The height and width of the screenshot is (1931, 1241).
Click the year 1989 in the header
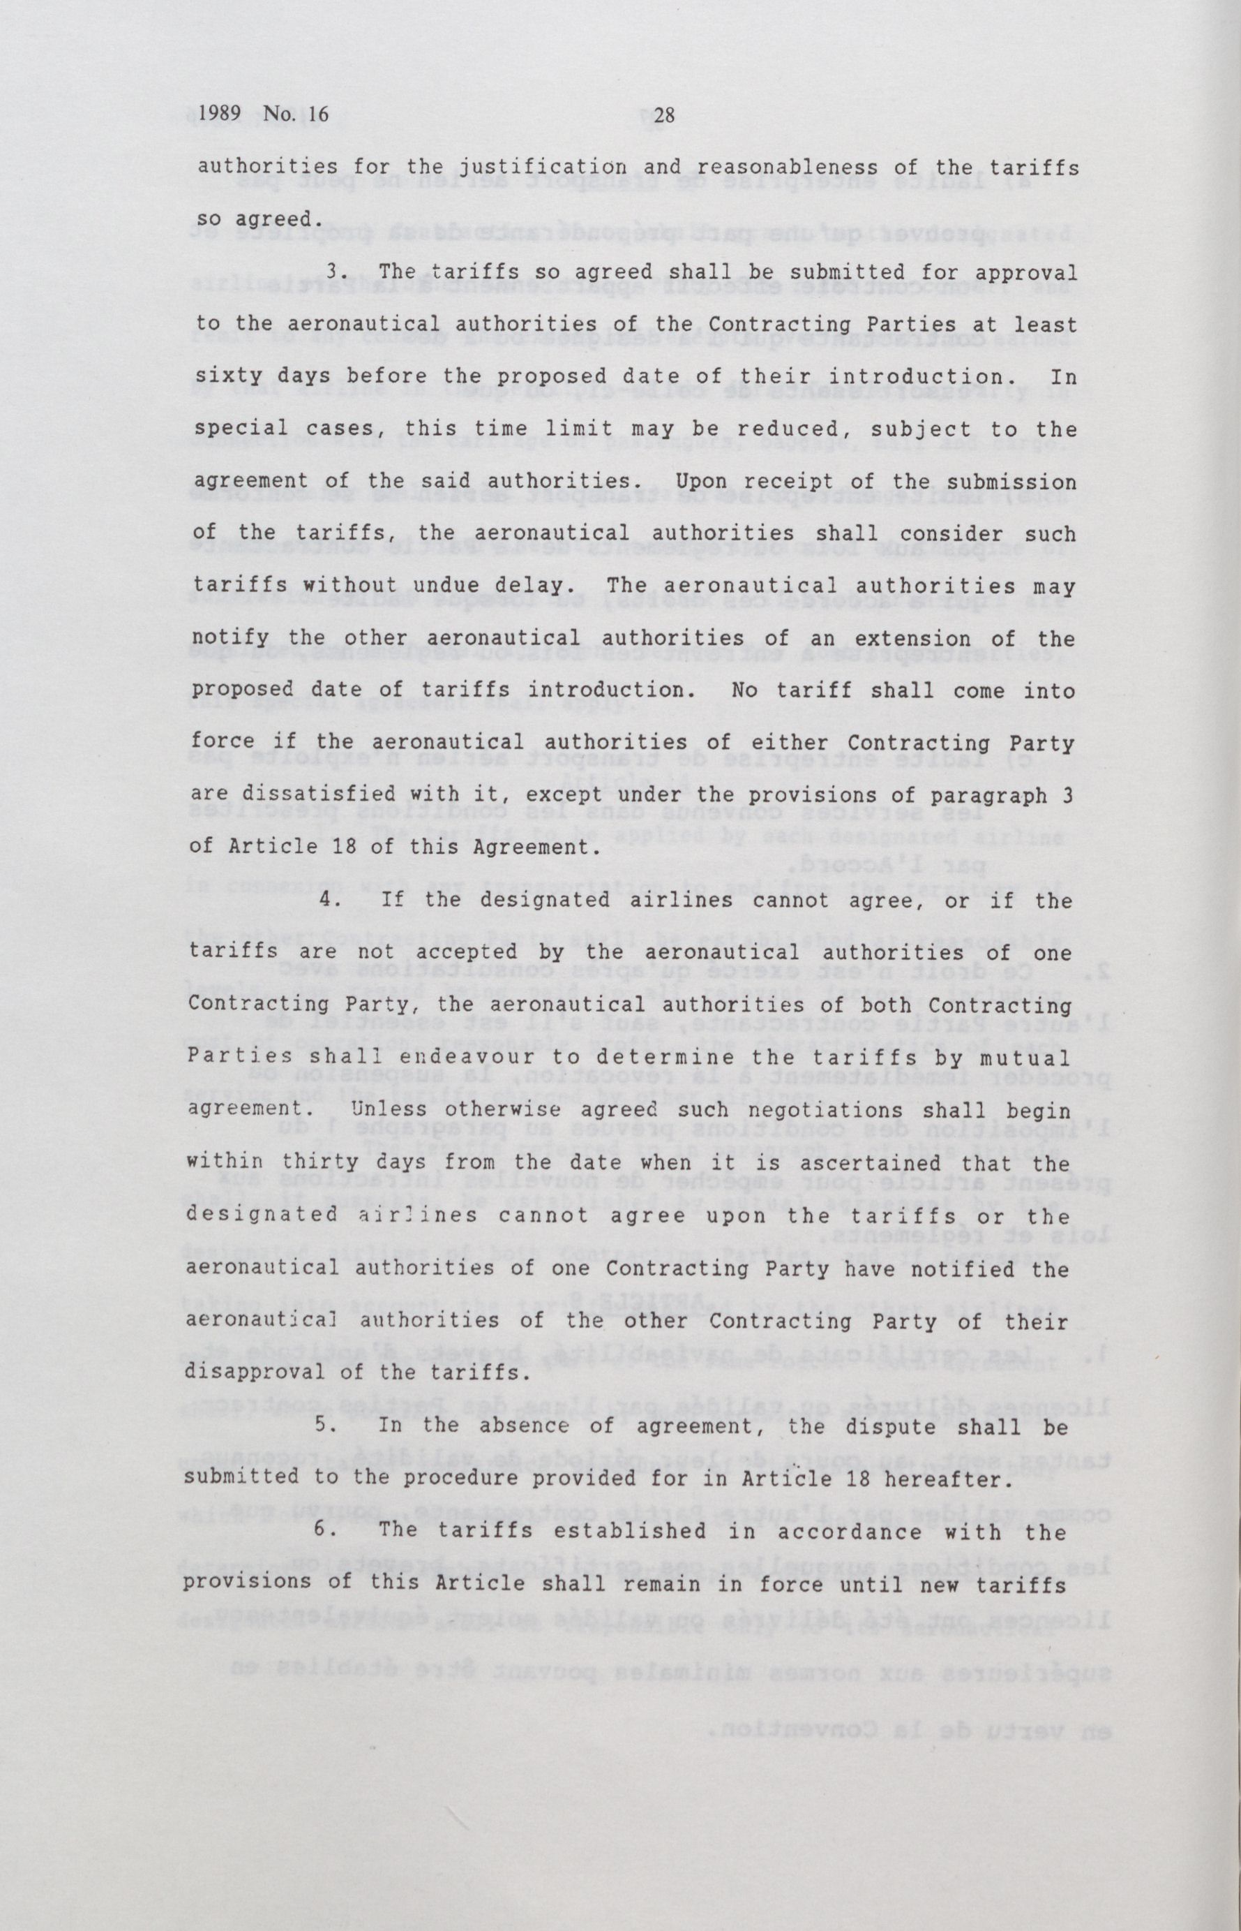click(x=220, y=115)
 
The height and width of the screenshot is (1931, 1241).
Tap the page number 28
click(x=663, y=117)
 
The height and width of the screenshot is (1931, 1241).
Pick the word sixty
click(x=229, y=377)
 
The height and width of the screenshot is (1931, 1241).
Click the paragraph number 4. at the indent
click(x=329, y=901)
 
